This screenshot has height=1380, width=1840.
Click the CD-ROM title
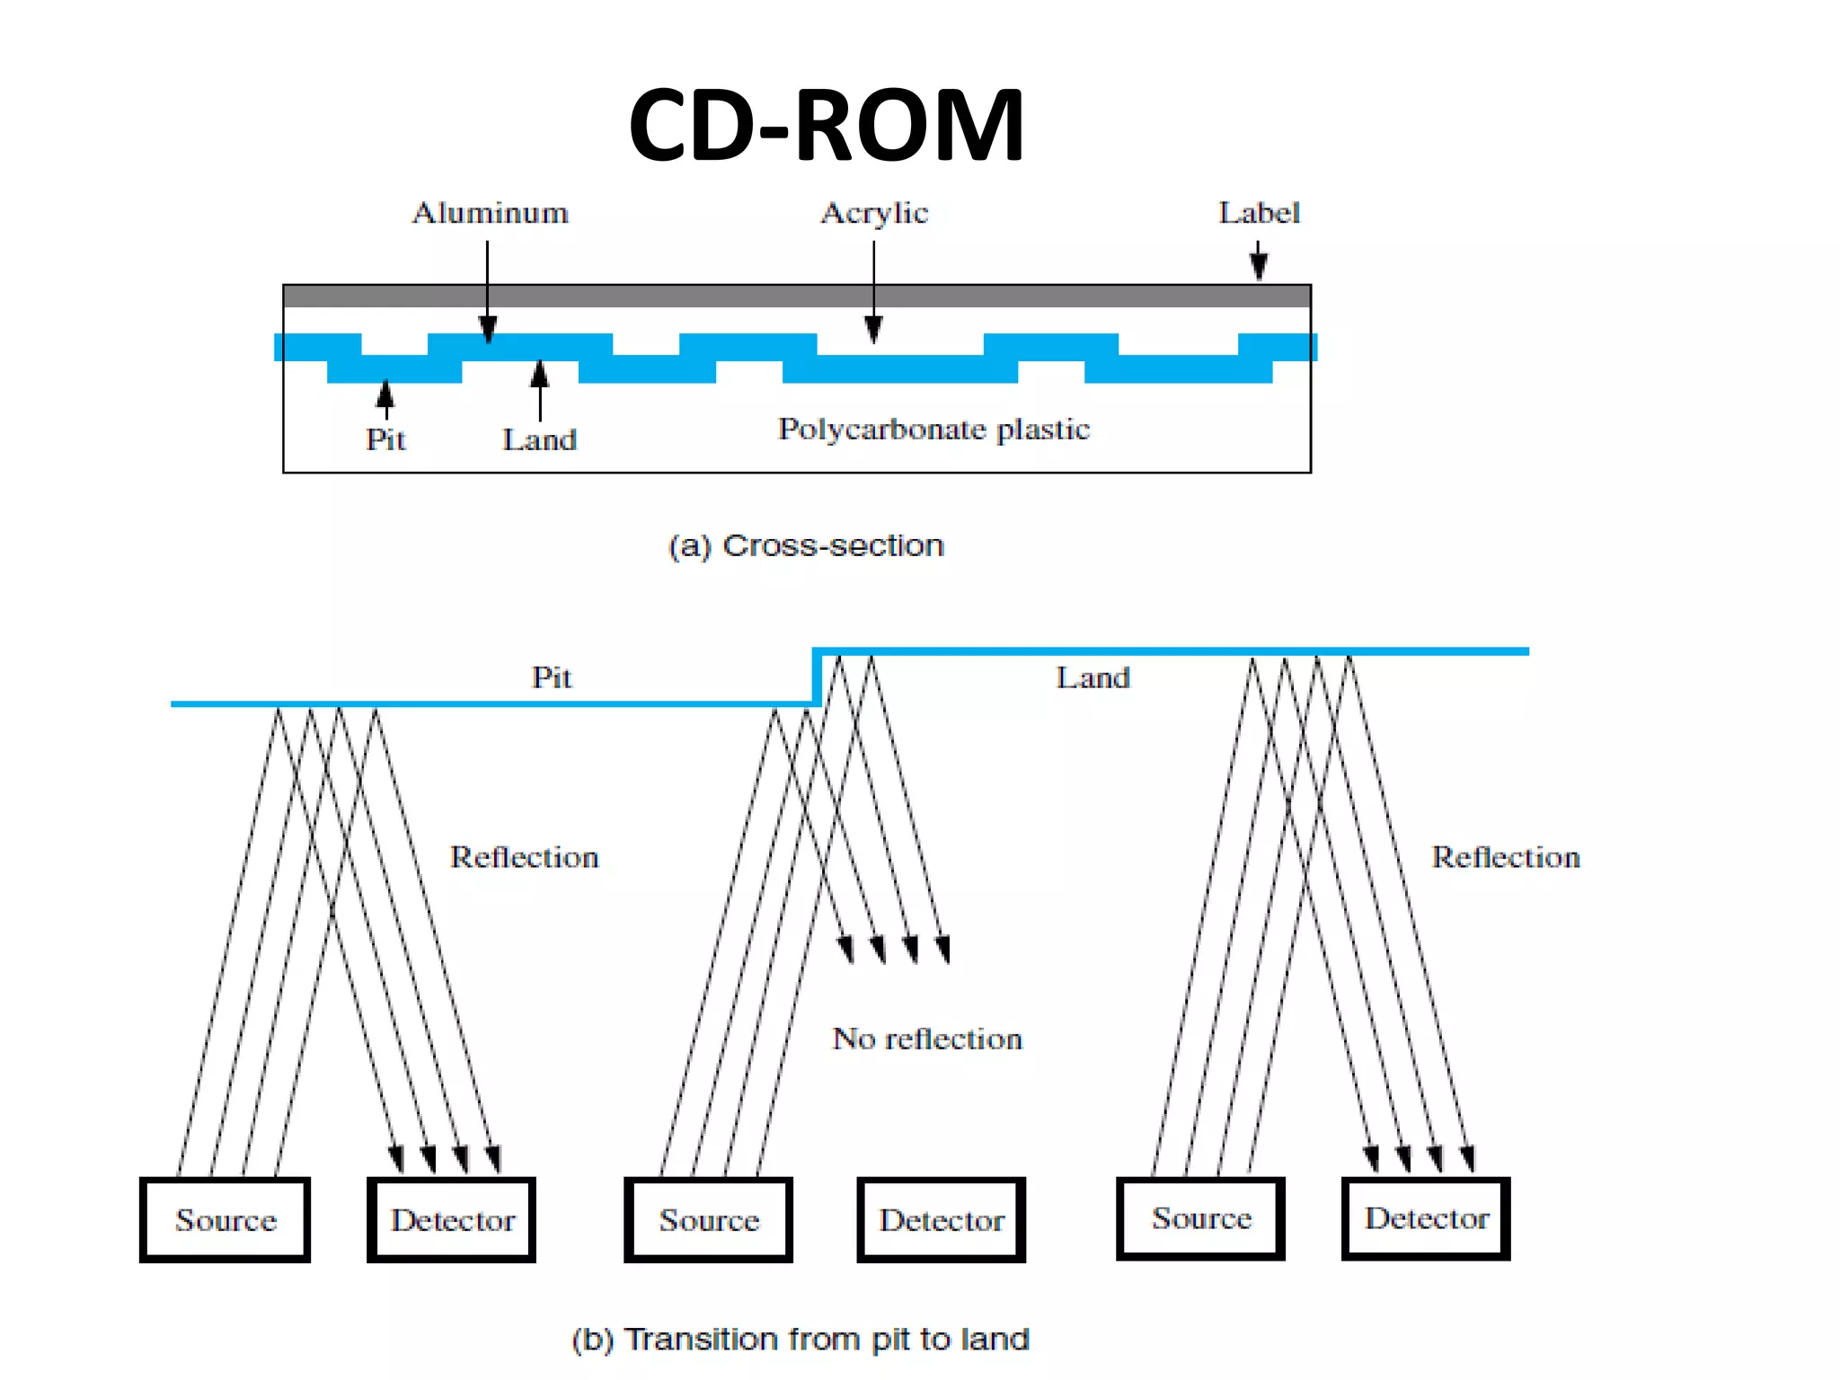point(826,125)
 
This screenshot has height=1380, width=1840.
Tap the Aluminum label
point(490,213)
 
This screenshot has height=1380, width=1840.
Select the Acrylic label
point(874,214)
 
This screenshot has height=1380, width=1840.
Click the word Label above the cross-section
point(1259,213)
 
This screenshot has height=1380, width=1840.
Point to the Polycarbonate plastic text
point(933,429)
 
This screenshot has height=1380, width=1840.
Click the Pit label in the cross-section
point(385,439)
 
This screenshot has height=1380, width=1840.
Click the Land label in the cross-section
point(539,439)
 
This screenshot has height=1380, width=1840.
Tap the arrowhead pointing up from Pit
point(385,394)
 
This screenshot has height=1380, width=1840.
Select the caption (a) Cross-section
point(806,545)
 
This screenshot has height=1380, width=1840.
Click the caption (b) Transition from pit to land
point(801,1339)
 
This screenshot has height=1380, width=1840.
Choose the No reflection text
point(927,1039)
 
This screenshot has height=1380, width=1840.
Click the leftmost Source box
point(226,1219)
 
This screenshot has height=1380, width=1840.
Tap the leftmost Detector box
point(452,1219)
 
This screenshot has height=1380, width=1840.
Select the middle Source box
point(709,1219)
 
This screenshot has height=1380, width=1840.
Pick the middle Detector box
point(941,1219)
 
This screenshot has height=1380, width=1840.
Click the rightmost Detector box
point(1426,1217)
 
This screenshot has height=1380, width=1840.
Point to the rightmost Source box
point(1201,1217)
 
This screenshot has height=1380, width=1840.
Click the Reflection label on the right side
point(1505,857)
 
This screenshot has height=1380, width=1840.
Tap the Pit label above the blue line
point(551,677)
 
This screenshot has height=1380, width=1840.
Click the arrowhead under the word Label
point(1259,266)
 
